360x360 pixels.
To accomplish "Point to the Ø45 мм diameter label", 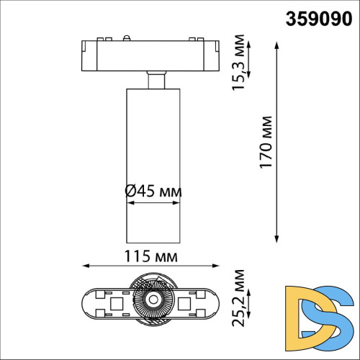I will coord(153,191).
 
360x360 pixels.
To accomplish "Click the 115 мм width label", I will coord(153,256).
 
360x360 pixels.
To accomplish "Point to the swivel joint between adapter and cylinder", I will coord(152,79).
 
